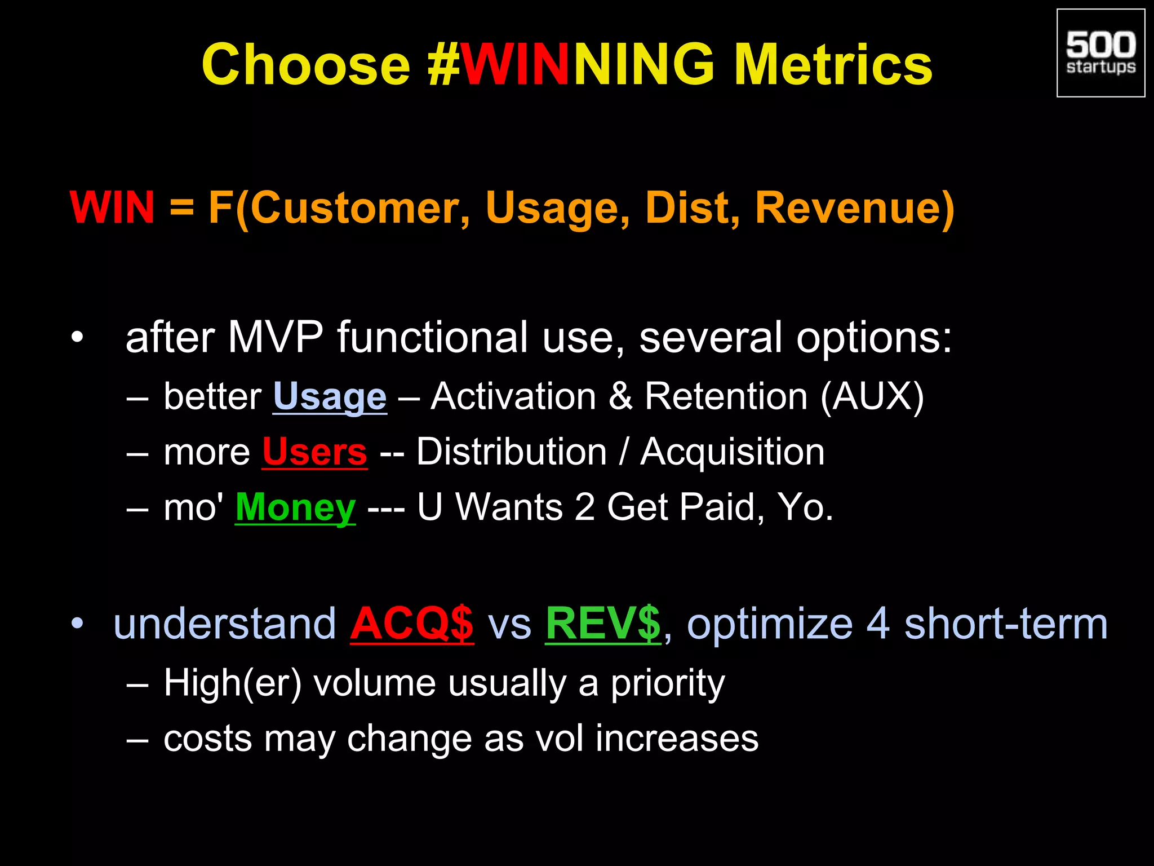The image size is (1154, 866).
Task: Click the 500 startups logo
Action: click(1100, 53)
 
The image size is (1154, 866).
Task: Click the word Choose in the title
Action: click(306, 65)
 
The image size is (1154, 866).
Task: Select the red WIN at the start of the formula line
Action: click(112, 207)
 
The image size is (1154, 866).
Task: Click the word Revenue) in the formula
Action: click(854, 207)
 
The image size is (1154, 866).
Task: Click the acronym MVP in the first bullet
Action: click(276, 337)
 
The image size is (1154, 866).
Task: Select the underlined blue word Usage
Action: click(330, 396)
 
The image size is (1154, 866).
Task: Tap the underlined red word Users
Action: click(314, 452)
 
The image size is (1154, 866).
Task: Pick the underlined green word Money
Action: click(295, 507)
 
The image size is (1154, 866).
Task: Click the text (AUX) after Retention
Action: click(872, 396)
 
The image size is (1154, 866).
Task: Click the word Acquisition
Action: click(733, 452)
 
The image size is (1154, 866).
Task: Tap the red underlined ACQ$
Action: click(412, 624)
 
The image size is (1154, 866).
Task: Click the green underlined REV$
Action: click(603, 624)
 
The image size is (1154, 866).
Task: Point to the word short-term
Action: click(1006, 624)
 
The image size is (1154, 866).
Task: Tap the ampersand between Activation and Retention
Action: click(620, 396)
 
